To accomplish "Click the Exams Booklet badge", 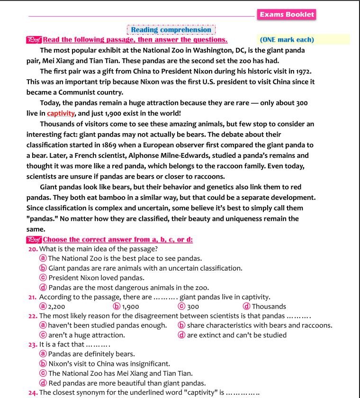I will [287, 15].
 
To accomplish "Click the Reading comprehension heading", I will [171, 30].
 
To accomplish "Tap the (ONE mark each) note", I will [287, 39].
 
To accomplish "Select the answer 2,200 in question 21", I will [56, 307].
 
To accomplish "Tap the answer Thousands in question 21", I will [269, 307].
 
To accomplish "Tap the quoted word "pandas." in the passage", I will [44, 218].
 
